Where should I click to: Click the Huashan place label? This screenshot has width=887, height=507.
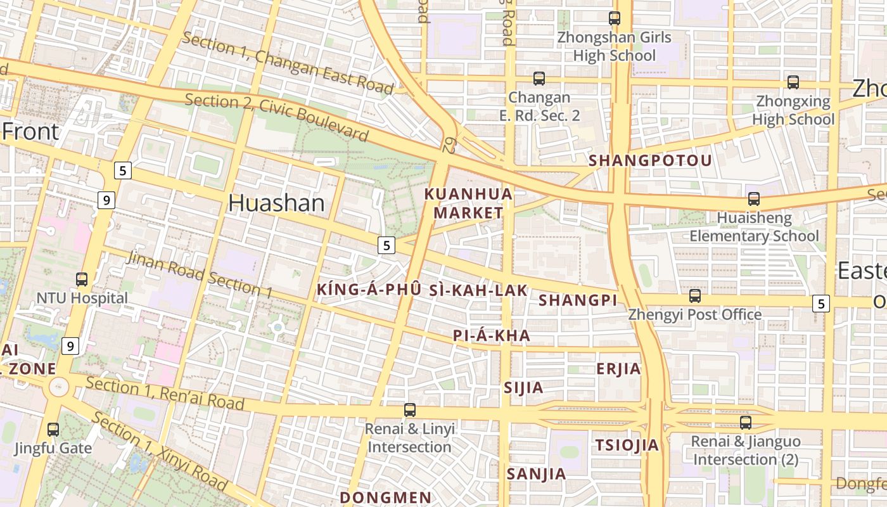pos(276,203)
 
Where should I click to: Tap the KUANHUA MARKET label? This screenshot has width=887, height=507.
pos(468,203)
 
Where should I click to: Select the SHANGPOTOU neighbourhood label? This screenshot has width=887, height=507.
pos(650,161)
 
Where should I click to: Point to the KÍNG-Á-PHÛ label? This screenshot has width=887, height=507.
pos(368,290)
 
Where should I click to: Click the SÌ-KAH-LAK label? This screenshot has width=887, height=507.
pos(478,290)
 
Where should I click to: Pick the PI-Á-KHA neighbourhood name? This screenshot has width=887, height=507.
pos(491,336)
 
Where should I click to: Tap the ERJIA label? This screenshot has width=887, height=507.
pos(618,369)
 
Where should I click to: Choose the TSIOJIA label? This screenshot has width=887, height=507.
pos(627,446)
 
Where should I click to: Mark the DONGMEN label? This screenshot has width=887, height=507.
pos(385,497)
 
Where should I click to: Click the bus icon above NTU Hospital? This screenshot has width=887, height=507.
pos(82,279)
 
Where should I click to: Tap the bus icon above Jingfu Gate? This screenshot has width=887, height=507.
pos(53,429)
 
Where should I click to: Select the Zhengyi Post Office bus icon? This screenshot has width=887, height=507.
pos(695,295)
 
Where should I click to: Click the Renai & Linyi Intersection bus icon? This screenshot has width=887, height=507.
pos(410,410)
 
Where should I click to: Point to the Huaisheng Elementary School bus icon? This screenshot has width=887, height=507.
pos(754,199)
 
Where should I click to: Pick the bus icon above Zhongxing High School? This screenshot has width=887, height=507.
pos(793,82)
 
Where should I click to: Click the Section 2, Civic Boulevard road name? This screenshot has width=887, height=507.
pos(277,118)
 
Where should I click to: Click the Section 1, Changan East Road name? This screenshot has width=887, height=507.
pos(288,63)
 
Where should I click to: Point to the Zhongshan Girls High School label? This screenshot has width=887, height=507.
pos(614,46)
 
